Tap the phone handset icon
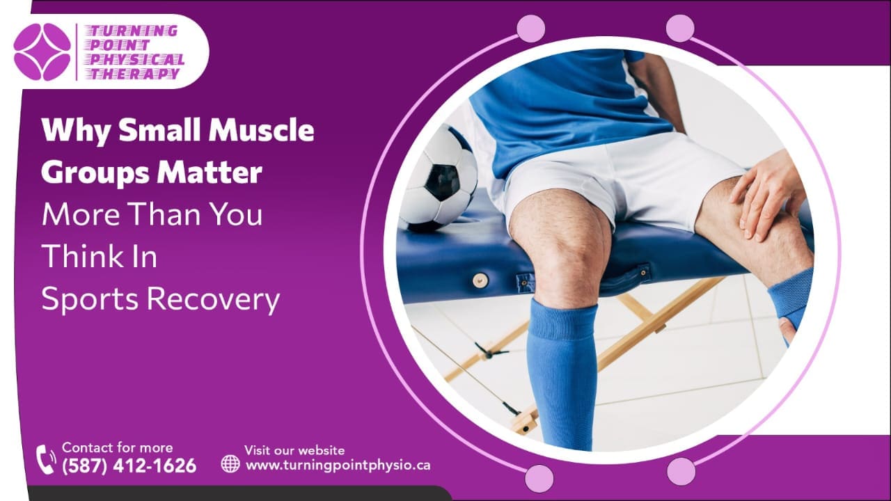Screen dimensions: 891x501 [x=46, y=459]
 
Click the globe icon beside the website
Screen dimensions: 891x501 [x=230, y=463]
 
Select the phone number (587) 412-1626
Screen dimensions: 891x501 [x=129, y=466]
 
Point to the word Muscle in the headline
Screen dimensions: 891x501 [x=261, y=130]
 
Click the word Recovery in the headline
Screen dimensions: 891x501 [x=214, y=299]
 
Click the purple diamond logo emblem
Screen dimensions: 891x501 [x=42, y=51]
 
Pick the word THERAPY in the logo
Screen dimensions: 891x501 [x=134, y=74]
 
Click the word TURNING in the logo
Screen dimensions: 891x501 [x=133, y=31]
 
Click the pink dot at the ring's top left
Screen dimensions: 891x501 [x=531, y=29]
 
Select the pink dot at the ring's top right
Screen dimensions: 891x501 [x=680, y=28]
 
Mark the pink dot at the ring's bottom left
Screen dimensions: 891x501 [x=539, y=479]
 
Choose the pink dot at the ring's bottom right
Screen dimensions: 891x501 [x=681, y=471]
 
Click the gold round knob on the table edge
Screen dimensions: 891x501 [x=480, y=280]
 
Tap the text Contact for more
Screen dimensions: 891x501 [x=118, y=447]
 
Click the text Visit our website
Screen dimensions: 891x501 [x=294, y=450]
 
